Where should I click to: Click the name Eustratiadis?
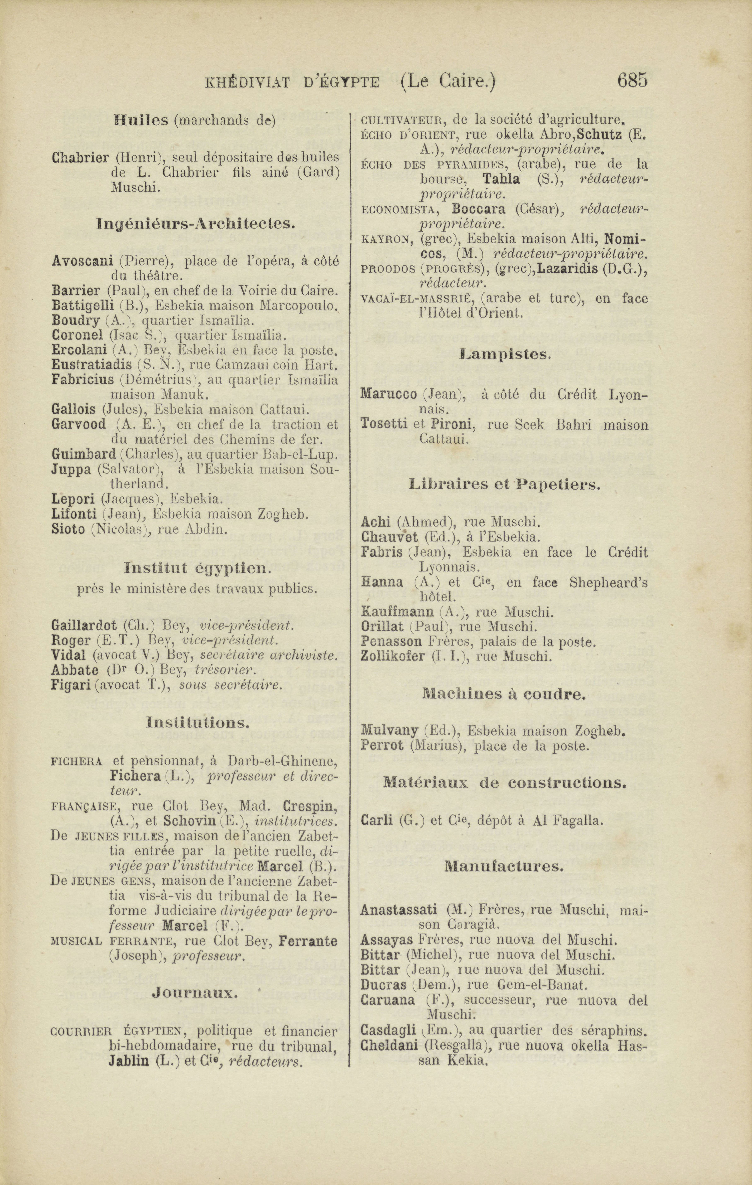pos(92,365)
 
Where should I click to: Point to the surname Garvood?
pos(78,424)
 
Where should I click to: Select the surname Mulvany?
pos(389,731)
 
